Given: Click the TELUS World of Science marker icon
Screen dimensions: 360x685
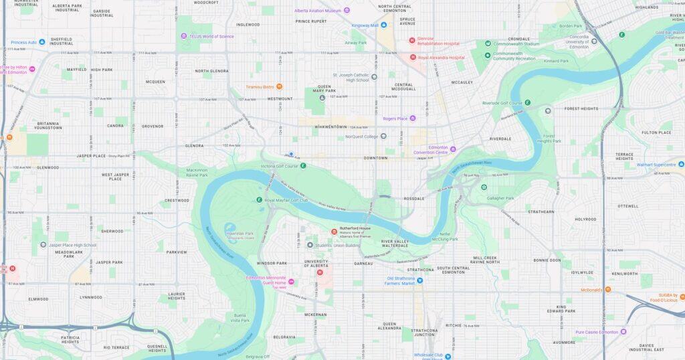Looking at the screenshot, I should (184, 36).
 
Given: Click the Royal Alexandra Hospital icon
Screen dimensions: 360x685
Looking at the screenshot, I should (413, 58).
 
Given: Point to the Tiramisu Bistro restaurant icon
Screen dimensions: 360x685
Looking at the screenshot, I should (279, 86).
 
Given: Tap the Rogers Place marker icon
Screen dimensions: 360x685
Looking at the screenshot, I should (413, 118).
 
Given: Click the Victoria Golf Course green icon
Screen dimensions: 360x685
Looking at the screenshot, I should (303, 165).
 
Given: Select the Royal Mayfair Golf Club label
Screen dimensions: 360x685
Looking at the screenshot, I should (286, 200).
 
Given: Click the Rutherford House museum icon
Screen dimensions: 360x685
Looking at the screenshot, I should (334, 232).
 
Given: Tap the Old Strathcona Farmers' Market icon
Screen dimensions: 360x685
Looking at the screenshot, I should (419, 280).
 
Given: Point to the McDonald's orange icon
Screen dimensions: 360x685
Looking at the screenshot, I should (607, 290).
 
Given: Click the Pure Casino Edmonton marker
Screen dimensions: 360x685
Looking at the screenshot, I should (623, 331).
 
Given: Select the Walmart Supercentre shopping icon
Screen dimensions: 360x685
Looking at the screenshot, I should (681, 164).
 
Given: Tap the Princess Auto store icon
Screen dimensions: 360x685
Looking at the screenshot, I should (41, 41).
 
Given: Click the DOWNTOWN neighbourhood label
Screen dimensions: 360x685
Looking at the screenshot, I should (375, 158).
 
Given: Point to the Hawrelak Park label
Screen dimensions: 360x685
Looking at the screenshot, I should (240, 234).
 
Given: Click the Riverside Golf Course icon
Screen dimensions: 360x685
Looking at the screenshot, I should (527, 102).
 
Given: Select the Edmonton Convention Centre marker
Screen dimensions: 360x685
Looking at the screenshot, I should (453, 149).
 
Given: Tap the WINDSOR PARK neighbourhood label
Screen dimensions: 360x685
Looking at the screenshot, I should (271, 263).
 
